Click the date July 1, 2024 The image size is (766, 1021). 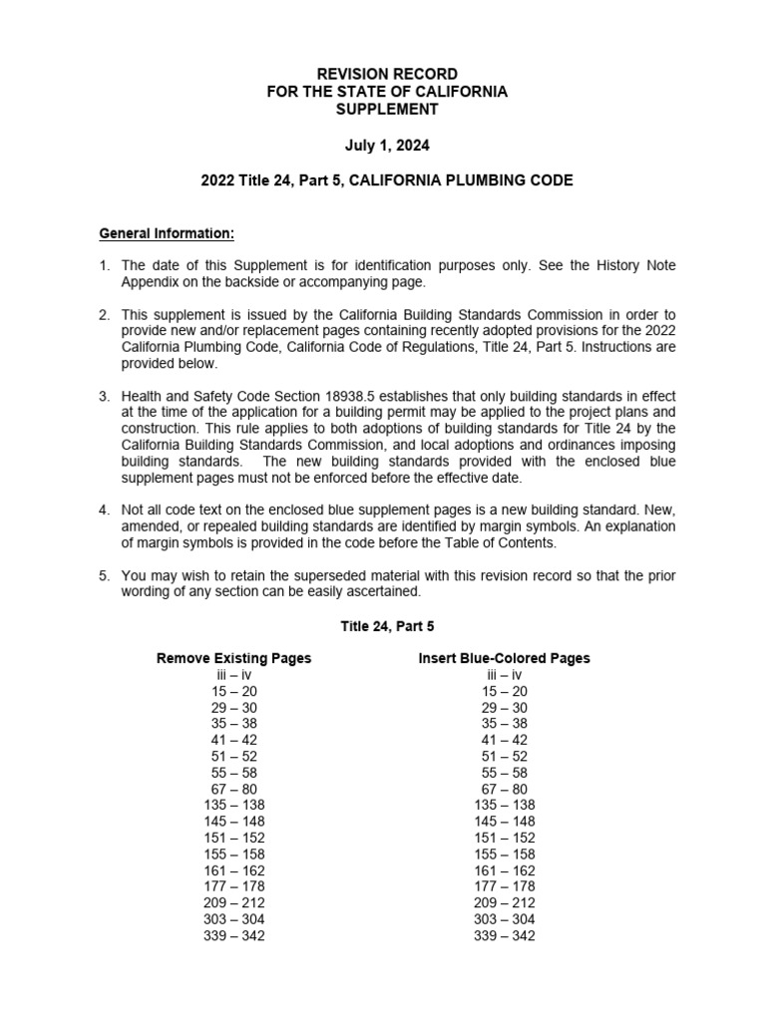click(387, 146)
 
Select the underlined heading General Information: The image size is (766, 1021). click(167, 234)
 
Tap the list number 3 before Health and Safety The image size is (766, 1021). click(104, 396)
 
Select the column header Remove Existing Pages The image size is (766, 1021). click(234, 658)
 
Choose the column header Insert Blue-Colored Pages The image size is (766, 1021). click(504, 658)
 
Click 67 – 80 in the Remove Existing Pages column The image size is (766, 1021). click(234, 789)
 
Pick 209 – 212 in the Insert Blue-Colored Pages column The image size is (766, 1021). click(504, 902)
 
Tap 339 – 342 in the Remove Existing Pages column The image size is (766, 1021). click(234, 935)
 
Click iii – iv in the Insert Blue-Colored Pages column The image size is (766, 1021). click(504, 675)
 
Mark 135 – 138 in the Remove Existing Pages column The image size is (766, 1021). click(234, 805)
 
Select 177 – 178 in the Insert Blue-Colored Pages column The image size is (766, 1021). click(504, 886)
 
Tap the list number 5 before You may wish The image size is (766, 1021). click(104, 575)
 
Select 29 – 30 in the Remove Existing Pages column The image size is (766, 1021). click(234, 707)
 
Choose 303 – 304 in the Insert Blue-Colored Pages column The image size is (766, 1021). click(504, 919)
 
